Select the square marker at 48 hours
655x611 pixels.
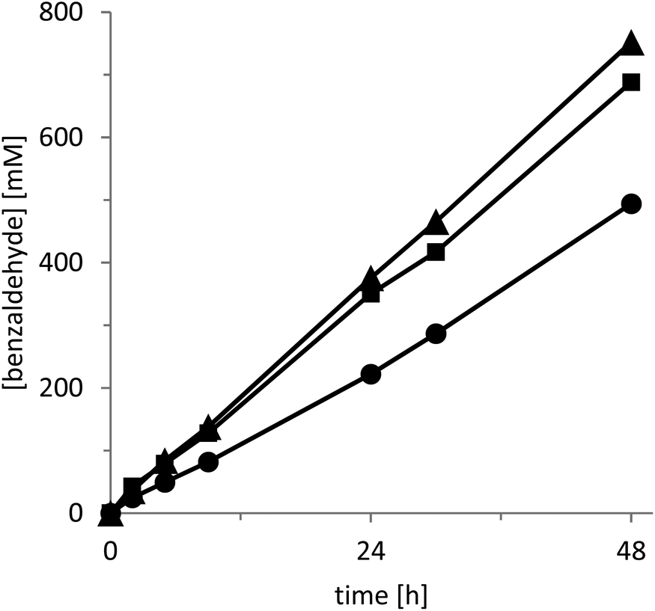click(632, 82)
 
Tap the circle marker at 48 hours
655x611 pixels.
click(632, 204)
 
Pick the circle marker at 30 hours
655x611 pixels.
click(436, 334)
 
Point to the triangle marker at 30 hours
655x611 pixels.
click(436, 224)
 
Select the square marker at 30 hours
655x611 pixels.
click(436, 253)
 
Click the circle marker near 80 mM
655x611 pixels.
click(209, 461)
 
